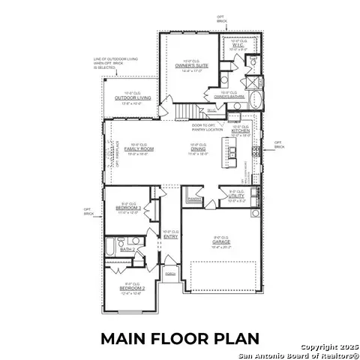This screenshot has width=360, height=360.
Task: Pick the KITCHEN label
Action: [x=242, y=131]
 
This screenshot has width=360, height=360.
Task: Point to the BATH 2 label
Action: [x=128, y=249]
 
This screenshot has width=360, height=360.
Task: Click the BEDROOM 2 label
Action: [x=131, y=286]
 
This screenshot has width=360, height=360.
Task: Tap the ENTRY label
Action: [x=171, y=236]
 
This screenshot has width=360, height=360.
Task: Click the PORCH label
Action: [x=170, y=274]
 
